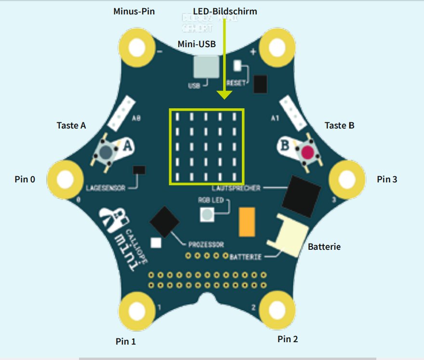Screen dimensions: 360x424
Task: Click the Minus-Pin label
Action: click(x=134, y=11)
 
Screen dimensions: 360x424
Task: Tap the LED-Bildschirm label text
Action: click(x=225, y=11)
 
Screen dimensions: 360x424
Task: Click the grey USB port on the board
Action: click(x=205, y=67)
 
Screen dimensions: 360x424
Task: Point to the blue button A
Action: click(x=106, y=152)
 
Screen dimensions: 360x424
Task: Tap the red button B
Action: click(x=307, y=153)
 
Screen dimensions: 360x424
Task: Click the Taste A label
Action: click(x=71, y=126)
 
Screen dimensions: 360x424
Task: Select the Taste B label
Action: click(x=339, y=126)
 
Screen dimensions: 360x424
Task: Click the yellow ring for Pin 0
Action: click(x=64, y=179)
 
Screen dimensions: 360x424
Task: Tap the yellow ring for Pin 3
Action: click(x=346, y=180)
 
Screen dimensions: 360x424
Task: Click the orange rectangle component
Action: click(x=247, y=222)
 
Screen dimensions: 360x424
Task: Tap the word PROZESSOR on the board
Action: click(x=206, y=244)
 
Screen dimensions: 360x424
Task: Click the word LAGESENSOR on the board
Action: click(x=105, y=188)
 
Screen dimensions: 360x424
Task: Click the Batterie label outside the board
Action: click(x=324, y=247)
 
